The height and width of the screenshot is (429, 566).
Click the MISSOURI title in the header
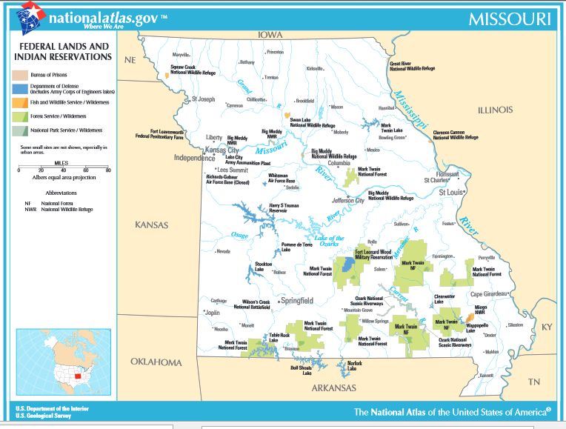click(509, 19)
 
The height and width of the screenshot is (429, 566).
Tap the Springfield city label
click(296, 301)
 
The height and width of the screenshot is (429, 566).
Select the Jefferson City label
click(347, 200)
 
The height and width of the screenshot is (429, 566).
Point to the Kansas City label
click(222, 150)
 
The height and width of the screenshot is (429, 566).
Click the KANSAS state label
click(151, 225)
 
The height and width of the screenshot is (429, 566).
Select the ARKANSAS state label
click(333, 388)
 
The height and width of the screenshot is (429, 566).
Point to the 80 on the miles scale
click(108, 170)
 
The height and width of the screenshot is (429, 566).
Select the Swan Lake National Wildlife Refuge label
click(312, 123)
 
